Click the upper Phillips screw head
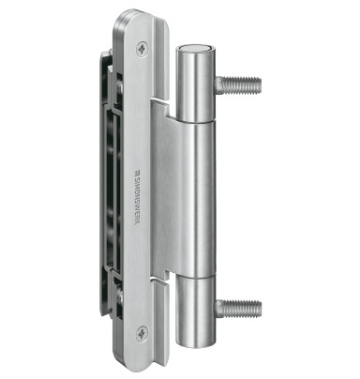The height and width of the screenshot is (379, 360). click(x=142, y=49)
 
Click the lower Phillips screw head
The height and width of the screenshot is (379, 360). click(x=142, y=333)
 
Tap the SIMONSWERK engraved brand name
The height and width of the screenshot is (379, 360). click(x=137, y=198)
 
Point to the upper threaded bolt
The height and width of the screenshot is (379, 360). click(x=237, y=84)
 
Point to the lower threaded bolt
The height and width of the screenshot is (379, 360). click(x=238, y=308)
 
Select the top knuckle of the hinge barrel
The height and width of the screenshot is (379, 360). click(x=194, y=83)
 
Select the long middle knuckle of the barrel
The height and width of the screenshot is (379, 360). click(x=196, y=200)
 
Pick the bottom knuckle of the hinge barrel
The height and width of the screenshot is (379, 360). click(x=196, y=312)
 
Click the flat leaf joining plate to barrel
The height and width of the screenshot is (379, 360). click(x=163, y=190)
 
